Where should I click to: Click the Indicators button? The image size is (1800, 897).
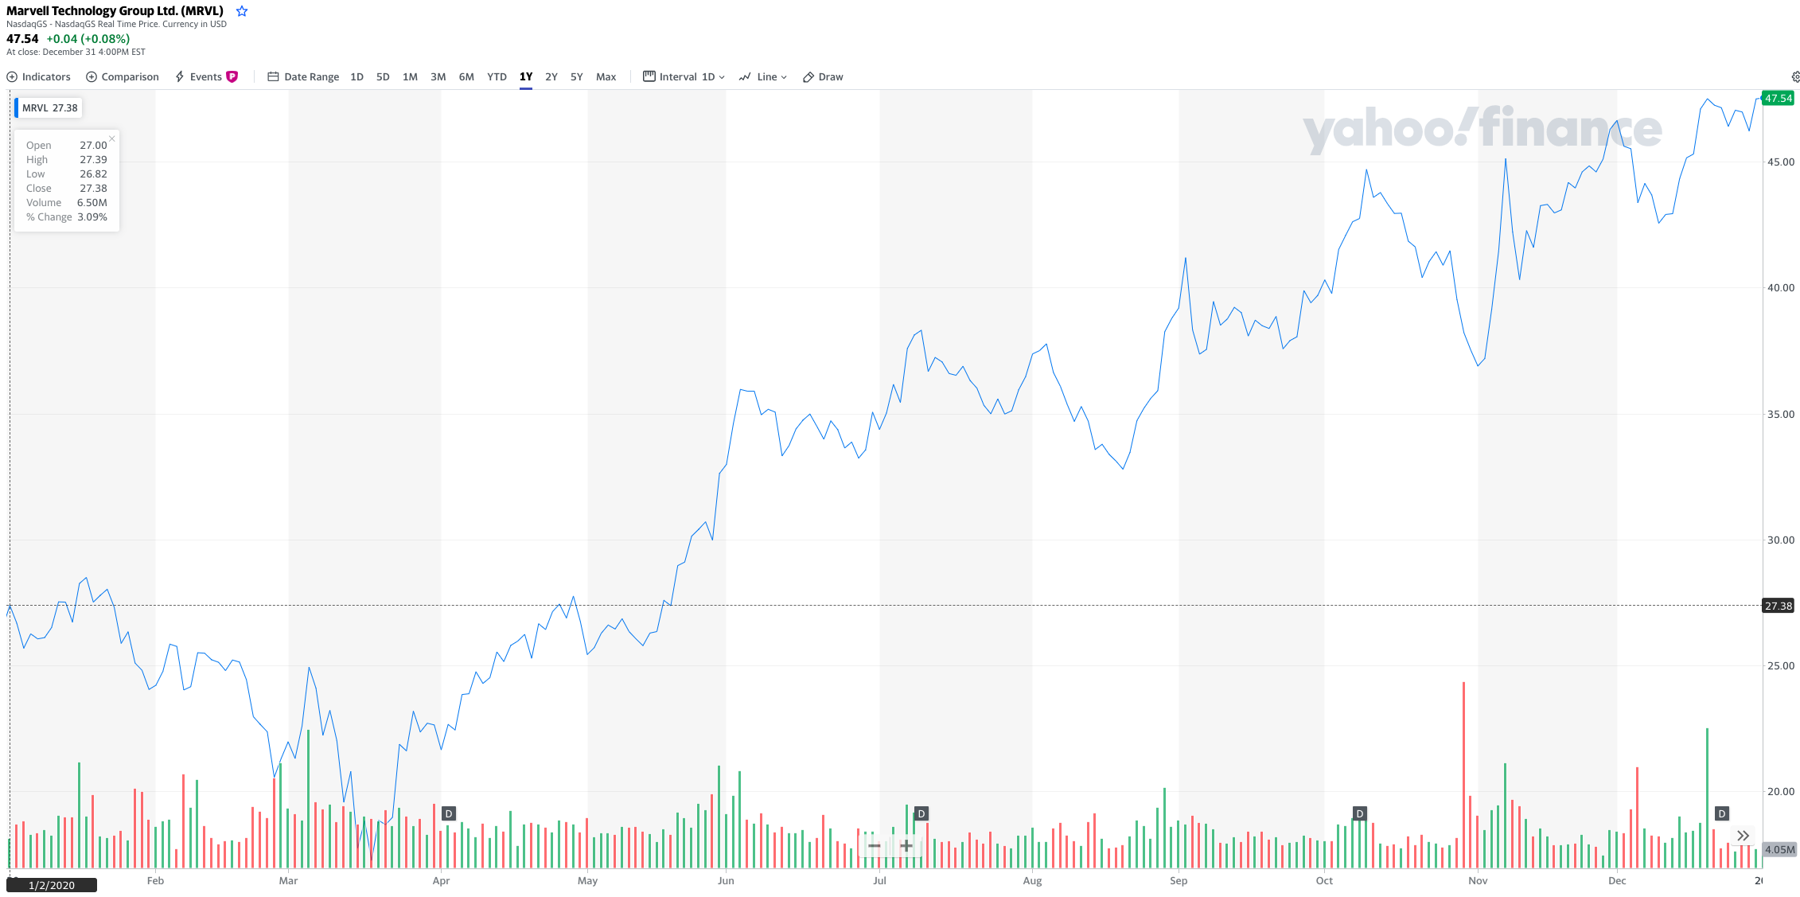coord(39,77)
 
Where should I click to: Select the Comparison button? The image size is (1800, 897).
coord(123,77)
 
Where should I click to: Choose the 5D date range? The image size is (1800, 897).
coord(383,77)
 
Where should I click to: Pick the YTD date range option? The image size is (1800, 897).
coord(497,77)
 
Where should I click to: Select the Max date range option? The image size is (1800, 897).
coord(606,77)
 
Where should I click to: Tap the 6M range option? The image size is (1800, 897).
coord(466,77)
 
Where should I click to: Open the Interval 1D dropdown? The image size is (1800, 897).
coord(684,77)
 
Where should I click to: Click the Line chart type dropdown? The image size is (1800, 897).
coord(763,77)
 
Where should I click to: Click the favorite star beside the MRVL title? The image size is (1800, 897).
coord(242,11)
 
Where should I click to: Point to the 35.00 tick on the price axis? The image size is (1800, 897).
coord(1780,414)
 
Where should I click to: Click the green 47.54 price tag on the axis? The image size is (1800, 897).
coord(1778,99)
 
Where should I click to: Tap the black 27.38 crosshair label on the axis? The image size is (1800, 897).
coord(1778,606)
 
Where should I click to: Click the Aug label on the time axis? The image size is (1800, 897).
coord(1032,880)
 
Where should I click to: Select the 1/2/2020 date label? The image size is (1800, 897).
coord(52,885)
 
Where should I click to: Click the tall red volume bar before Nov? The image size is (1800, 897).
coord(1463,772)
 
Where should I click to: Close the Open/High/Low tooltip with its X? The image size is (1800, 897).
coord(112,138)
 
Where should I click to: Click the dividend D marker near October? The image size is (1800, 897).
coord(1360,813)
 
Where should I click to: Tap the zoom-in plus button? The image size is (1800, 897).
coord(906,845)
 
